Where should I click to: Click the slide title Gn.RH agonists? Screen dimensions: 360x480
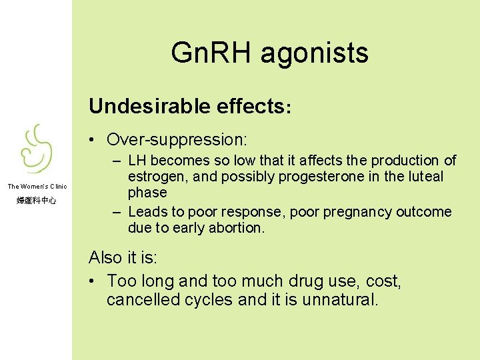tap(269, 53)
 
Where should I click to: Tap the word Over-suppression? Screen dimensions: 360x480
tap(177, 139)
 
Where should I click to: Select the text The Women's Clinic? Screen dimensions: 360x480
tap(37, 187)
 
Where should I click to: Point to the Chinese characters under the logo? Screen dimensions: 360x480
tap(36, 200)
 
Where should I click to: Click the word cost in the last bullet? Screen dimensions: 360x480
tap(383, 281)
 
